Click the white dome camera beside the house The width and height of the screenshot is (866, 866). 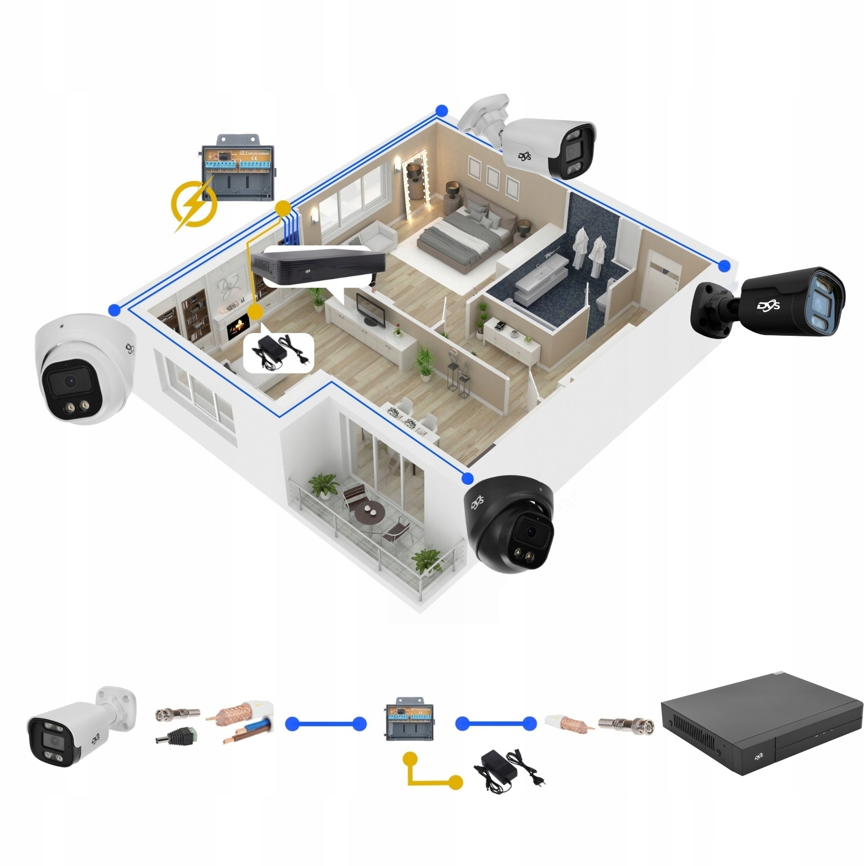tap(82, 372)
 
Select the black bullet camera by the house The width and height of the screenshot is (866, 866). tap(770, 303)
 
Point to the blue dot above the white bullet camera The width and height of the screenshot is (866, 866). tap(442, 111)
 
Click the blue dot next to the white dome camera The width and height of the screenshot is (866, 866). tap(115, 310)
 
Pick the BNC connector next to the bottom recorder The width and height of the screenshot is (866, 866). tap(626, 722)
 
